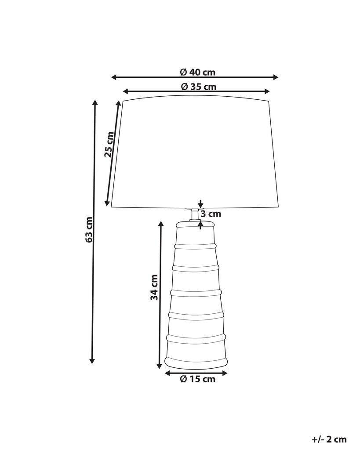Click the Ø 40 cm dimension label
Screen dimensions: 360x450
(197, 72)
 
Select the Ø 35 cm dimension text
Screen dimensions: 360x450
(199, 87)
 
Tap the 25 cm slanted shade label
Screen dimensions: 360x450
(109, 144)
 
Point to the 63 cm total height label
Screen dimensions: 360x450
(89, 229)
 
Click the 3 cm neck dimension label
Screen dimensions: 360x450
(211, 214)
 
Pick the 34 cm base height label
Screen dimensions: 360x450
(154, 287)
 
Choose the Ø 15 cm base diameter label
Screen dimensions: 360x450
(197, 379)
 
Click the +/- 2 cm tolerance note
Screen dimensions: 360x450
(329, 439)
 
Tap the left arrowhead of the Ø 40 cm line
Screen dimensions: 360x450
(114, 77)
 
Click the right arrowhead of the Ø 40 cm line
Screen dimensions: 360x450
(276, 77)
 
